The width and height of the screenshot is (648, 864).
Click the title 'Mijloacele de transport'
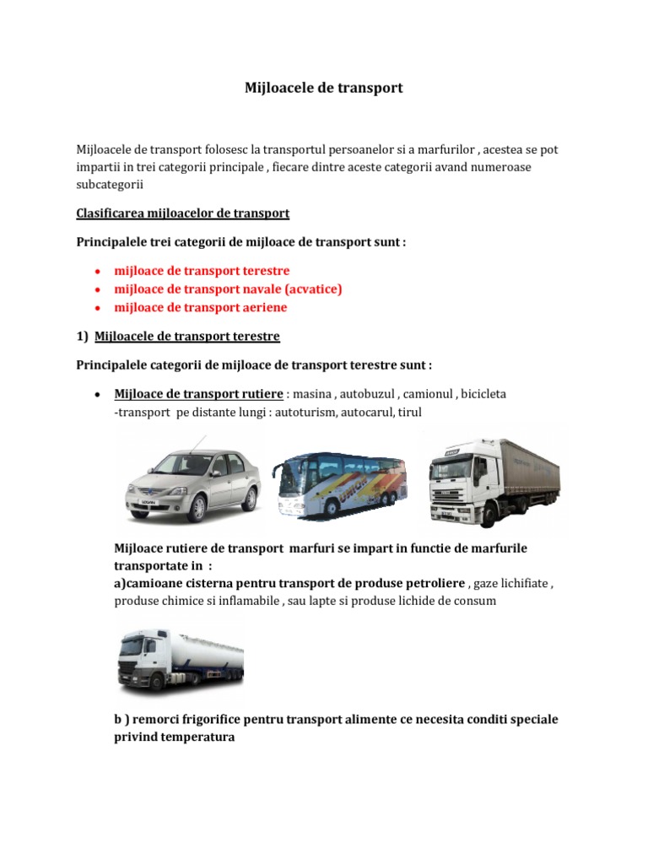point(324,88)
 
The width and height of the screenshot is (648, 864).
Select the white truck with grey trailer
point(492,479)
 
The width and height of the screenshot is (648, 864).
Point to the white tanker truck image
point(179,657)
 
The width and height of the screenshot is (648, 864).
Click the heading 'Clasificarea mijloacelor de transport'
point(183,213)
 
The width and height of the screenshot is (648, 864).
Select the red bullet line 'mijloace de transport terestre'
point(202,271)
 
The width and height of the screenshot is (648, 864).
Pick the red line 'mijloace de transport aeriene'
point(200,308)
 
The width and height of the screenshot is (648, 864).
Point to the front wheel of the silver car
point(197,509)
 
